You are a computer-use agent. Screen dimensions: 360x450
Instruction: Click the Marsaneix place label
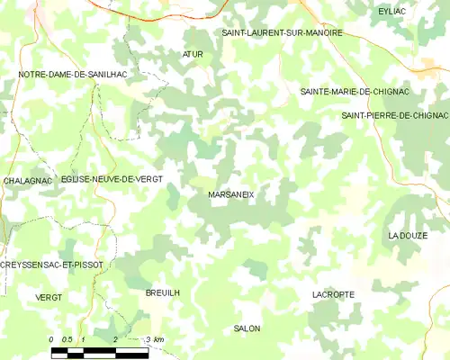[231, 194]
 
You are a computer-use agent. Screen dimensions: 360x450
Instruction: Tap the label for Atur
[193, 55]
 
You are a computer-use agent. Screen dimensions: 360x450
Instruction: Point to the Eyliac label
[393, 11]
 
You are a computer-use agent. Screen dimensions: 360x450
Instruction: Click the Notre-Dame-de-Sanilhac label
[69, 75]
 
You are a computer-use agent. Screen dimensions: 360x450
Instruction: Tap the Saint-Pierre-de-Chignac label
[395, 116]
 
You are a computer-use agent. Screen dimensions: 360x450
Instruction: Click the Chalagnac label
[26, 181]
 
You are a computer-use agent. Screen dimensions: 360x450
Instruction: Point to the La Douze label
[408, 235]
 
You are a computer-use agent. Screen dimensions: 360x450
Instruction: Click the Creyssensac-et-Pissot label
[51, 265]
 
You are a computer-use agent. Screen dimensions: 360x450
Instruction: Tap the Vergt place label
[49, 297]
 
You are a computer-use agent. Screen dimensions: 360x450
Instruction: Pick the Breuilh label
[163, 293]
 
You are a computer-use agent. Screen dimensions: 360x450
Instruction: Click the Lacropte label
[333, 294]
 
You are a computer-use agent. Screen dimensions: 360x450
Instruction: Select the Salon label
[247, 328]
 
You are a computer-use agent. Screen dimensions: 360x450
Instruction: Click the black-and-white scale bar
[99, 352]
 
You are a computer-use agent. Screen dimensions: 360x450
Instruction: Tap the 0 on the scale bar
[51, 339]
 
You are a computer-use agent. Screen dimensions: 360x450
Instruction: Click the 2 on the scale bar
[115, 339]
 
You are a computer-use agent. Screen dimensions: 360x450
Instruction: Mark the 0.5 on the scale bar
[67, 339]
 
